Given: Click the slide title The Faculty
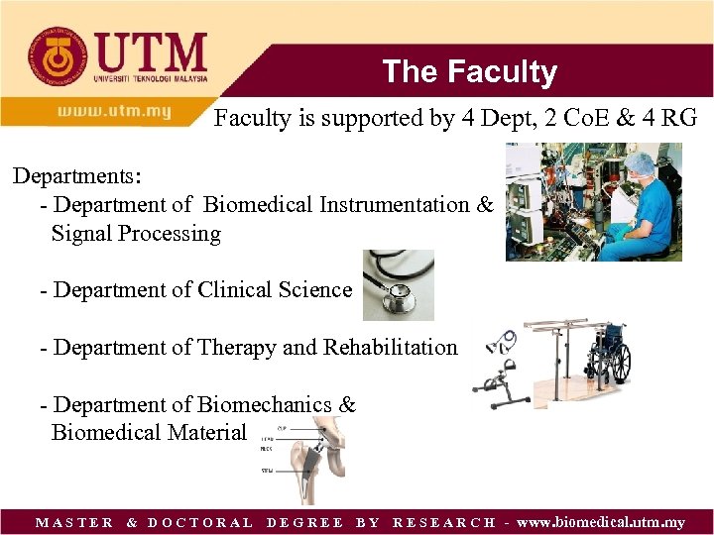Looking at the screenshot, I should point(469,71).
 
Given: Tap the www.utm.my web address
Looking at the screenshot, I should point(114,111).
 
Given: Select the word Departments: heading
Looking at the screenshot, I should point(77,176).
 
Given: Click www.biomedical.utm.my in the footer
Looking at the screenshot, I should point(600,522).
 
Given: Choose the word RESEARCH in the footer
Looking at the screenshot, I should point(444,522).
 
